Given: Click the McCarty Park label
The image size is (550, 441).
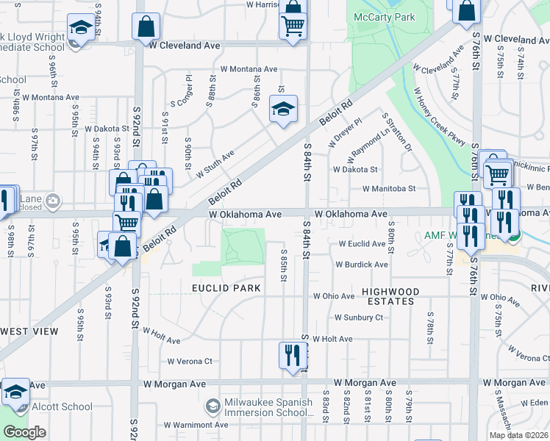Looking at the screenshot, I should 385,17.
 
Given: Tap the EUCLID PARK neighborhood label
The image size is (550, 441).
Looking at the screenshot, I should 226,288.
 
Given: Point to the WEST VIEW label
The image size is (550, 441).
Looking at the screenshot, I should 29,331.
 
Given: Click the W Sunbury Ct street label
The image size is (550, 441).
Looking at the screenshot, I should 359,318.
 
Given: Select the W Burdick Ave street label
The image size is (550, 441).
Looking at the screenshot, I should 362,265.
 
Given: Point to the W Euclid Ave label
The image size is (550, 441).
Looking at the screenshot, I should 362,244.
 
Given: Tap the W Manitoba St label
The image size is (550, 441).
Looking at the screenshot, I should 389,188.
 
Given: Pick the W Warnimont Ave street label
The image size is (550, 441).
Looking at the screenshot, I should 196,424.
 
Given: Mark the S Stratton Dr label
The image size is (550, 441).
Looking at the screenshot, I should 397,132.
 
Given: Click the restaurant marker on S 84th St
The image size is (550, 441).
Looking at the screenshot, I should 293,356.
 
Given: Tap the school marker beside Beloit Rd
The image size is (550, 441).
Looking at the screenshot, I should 284,110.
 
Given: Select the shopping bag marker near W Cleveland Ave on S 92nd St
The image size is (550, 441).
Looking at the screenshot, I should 146,27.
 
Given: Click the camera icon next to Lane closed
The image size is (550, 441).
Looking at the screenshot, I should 52,200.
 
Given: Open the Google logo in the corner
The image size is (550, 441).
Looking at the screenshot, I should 25,432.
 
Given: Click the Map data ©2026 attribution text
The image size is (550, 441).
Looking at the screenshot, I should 518,435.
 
